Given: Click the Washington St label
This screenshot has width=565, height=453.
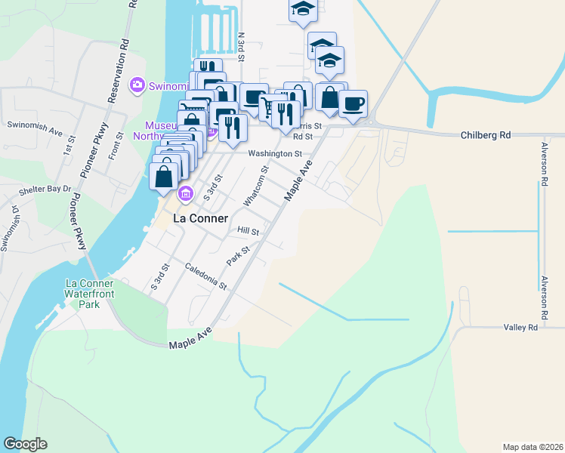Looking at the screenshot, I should [x=275, y=153].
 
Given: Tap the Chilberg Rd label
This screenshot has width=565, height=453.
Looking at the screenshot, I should [x=486, y=135].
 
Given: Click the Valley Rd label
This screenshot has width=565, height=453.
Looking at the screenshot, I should [x=521, y=327].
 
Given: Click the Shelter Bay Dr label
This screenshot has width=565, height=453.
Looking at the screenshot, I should [x=45, y=189].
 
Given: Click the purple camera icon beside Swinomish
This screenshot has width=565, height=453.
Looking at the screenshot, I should [x=137, y=85].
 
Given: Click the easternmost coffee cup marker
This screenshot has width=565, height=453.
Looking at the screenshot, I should [x=353, y=103].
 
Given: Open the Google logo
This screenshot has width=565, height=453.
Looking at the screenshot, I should [x=25, y=444].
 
